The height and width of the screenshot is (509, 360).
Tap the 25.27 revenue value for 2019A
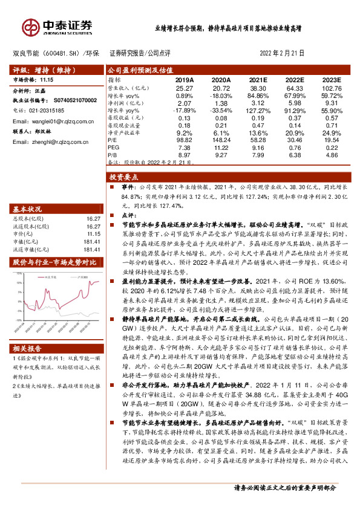[x=184, y=88]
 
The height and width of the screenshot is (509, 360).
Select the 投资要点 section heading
[x=123, y=178]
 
